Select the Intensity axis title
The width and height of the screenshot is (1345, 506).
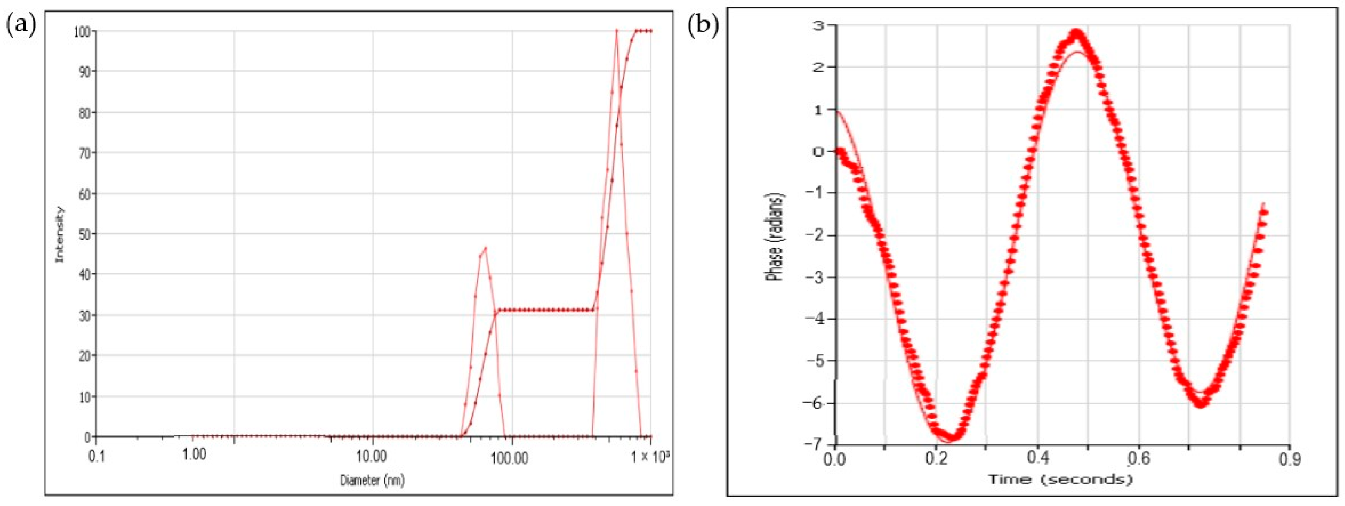pos(60,234)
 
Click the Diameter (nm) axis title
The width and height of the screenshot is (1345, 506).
pos(372,479)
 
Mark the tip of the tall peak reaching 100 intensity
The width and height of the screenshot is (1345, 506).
pos(617,30)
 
